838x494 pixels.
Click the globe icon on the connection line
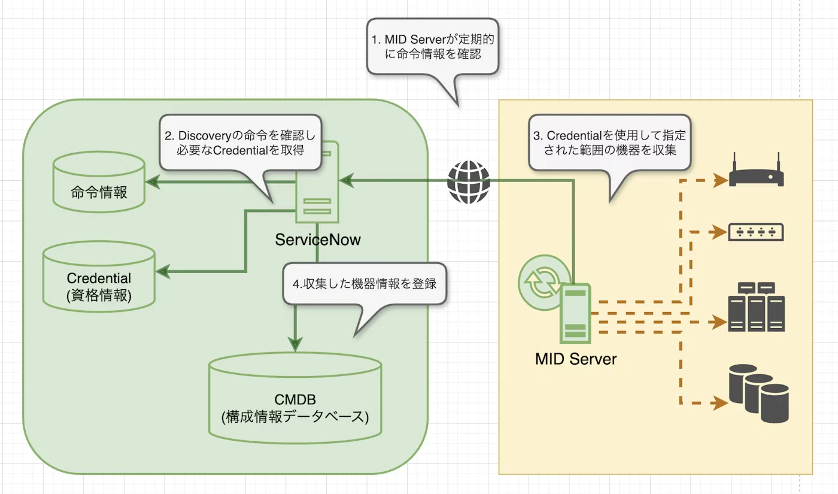(468, 182)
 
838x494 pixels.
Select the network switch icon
(755, 232)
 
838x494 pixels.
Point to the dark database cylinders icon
(759, 394)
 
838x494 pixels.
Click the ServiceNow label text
(318, 240)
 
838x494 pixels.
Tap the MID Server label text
(576, 359)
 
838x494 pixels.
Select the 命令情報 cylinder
(99, 182)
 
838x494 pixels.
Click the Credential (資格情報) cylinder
(99, 276)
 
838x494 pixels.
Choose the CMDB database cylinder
(295, 398)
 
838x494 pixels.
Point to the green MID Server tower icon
(575, 313)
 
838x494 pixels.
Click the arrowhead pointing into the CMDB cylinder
(295, 344)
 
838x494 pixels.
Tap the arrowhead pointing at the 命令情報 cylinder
(153, 182)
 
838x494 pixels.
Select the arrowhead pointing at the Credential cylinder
(163, 271)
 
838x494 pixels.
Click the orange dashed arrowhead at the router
(721, 180)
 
